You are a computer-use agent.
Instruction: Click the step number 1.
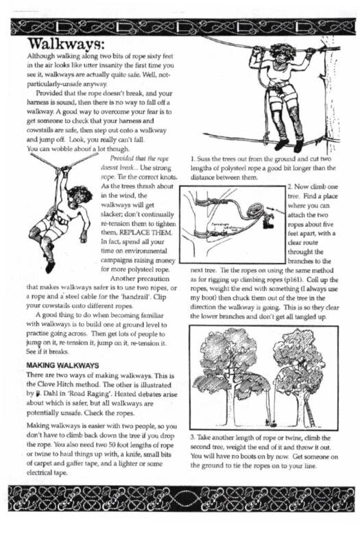coord(193,158)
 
